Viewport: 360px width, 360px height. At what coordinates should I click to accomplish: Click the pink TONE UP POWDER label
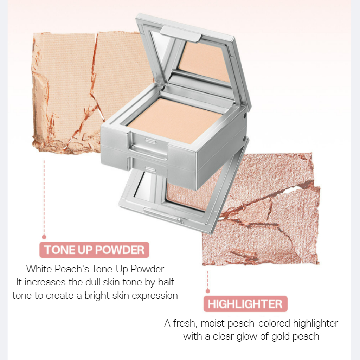(94, 250)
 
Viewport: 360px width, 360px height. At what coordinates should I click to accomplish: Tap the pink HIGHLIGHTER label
(245, 304)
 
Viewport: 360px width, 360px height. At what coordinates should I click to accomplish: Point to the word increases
(45, 282)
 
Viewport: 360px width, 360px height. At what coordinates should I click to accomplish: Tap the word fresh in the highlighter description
(185, 323)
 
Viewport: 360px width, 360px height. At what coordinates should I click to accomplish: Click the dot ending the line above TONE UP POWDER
(44, 237)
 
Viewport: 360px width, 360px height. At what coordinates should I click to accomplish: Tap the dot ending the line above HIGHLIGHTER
(208, 291)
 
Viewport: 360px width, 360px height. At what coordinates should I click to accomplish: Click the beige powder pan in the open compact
(174, 121)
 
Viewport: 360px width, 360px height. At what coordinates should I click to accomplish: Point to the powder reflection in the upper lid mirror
(204, 62)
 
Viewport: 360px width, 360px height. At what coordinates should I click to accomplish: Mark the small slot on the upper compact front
(150, 141)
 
